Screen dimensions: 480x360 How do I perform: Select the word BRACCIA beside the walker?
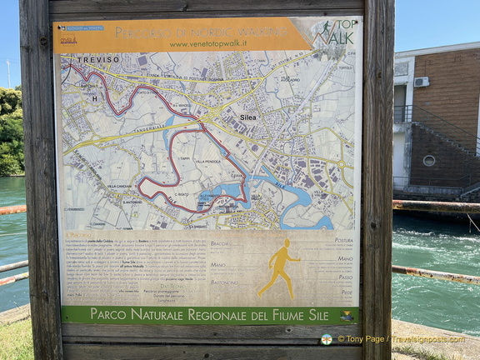[x=220, y=243]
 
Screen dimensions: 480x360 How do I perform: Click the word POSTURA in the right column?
[x=342, y=240]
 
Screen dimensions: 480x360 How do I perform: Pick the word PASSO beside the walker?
[x=345, y=277]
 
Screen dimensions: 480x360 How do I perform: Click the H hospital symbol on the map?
[x=94, y=98]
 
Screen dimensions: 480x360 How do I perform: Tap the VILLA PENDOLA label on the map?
[x=202, y=161]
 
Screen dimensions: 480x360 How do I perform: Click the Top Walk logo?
[x=337, y=33]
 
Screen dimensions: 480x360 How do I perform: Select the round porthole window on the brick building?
[x=428, y=160]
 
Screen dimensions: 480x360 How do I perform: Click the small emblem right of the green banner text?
[x=347, y=315]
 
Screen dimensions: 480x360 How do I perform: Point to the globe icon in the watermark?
[x=327, y=339]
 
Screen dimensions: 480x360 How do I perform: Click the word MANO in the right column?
[x=345, y=258]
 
